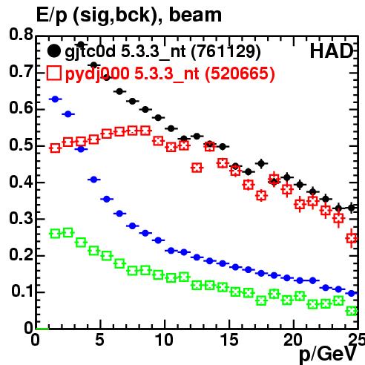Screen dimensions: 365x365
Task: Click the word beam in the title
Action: click(x=195, y=15)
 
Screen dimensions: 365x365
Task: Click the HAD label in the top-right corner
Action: click(x=332, y=51)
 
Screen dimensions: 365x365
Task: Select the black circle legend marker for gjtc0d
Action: click(x=53, y=51)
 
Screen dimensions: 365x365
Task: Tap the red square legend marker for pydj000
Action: click(x=53, y=73)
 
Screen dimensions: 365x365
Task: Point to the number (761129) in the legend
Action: click(x=226, y=52)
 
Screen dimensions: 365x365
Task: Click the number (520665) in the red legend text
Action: click(x=240, y=73)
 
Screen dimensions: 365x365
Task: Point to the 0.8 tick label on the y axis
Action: click(x=21, y=34)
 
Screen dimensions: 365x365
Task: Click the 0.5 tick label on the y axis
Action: click(x=21, y=145)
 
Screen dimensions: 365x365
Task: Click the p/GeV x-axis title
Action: click(x=328, y=354)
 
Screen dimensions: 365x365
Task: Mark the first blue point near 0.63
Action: click(x=55, y=99)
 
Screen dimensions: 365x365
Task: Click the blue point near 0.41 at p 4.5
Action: click(x=93, y=180)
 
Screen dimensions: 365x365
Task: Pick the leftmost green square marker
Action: click(x=55, y=234)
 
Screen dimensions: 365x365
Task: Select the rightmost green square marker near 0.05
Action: click(x=352, y=311)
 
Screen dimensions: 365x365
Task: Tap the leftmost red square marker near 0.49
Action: click(x=55, y=148)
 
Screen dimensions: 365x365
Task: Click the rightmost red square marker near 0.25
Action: click(x=352, y=238)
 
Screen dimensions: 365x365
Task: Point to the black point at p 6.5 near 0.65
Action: click(x=119, y=91)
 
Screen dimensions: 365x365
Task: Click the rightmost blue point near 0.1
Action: click(x=352, y=294)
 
